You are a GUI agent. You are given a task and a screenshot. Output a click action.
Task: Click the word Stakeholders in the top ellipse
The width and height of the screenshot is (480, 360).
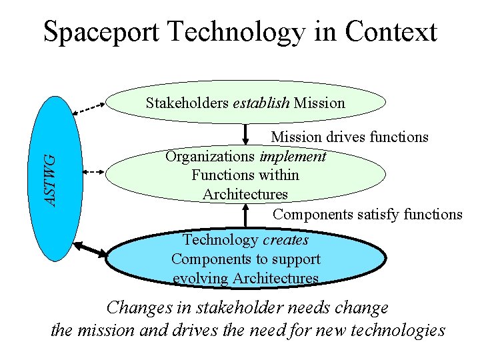[187, 103]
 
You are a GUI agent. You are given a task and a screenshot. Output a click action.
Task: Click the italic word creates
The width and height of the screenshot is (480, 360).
[285, 240]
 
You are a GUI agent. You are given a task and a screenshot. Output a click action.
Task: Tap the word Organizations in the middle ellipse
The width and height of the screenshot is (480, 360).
[210, 157]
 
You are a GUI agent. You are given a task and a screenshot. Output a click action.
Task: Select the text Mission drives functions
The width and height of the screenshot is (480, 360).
[349, 137]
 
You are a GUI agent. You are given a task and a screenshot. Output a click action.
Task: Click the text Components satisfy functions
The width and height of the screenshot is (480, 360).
[367, 215]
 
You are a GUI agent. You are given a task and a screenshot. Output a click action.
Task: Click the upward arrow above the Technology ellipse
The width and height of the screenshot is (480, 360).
[246, 215]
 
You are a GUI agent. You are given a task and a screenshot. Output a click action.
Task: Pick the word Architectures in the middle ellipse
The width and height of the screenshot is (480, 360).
[245, 195]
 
